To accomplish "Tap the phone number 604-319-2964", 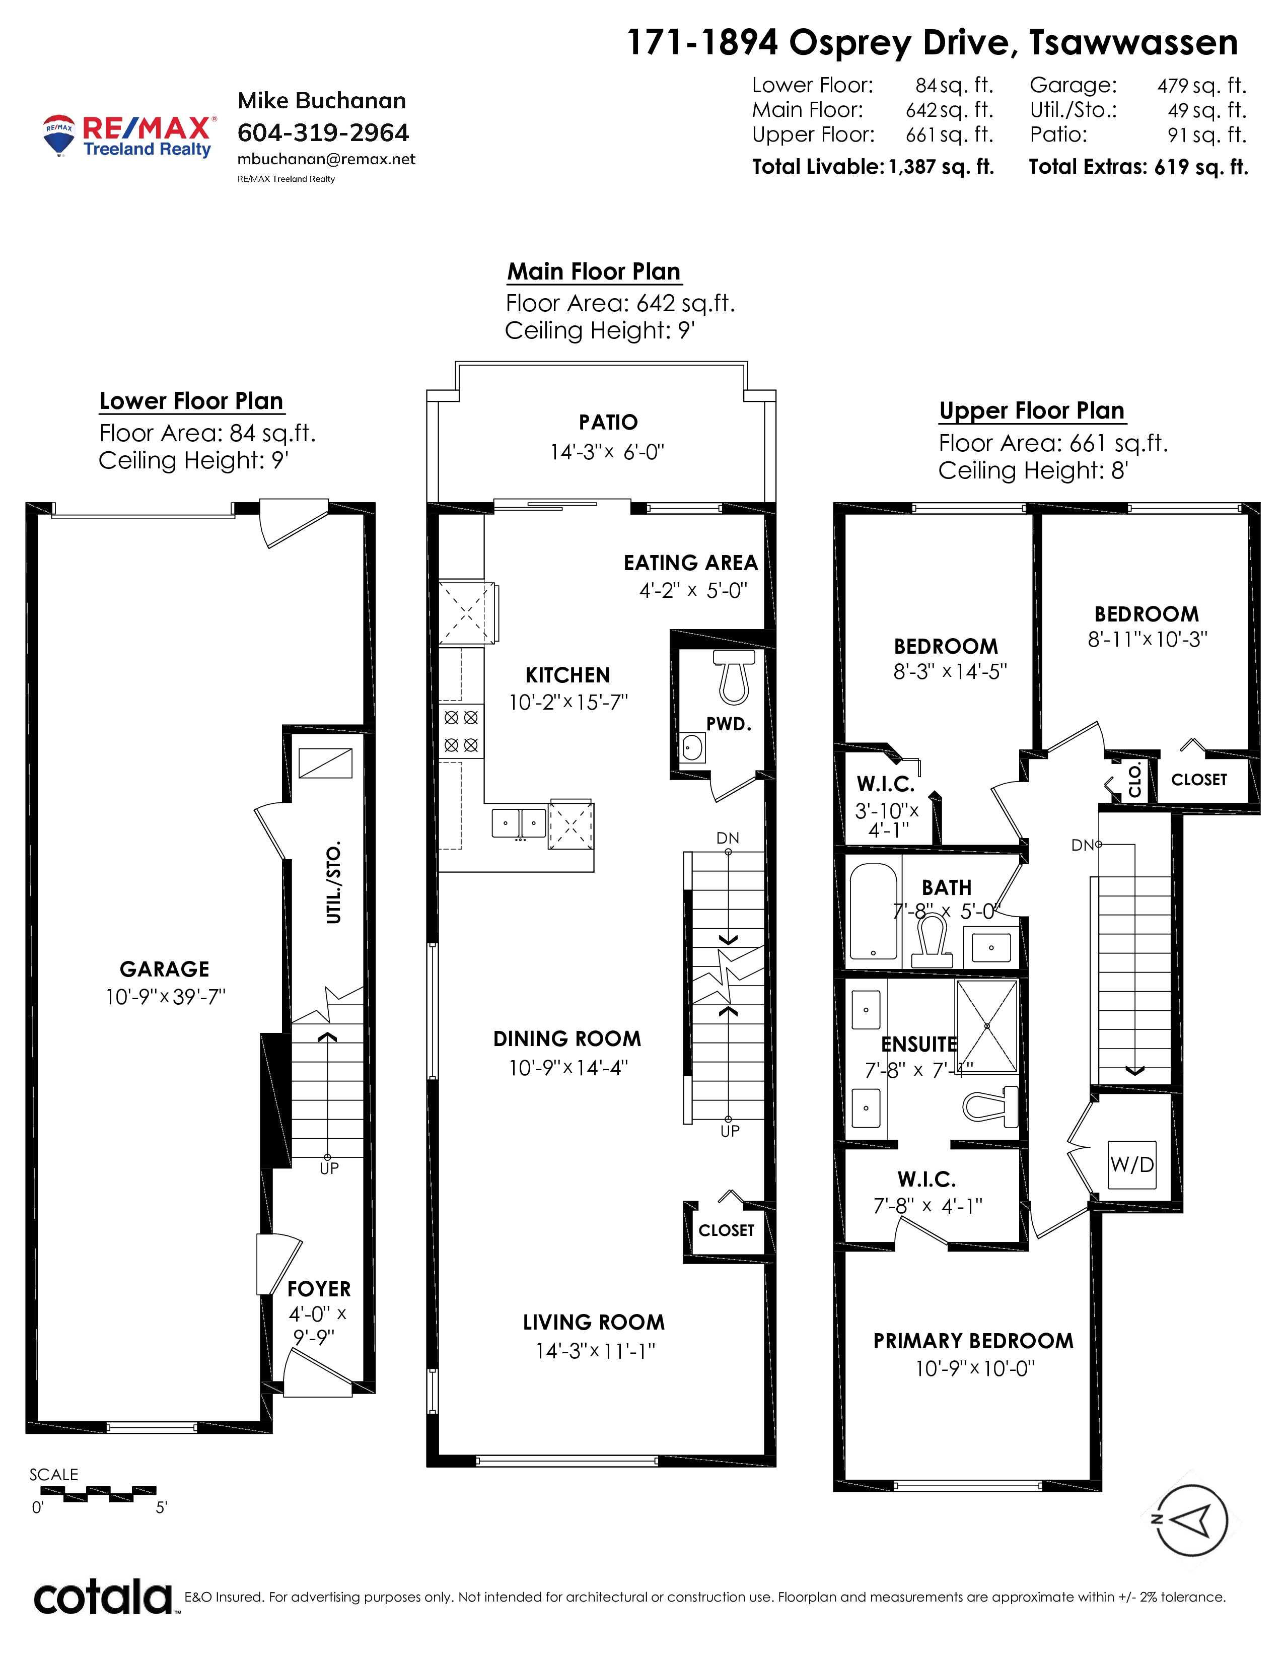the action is pos(323,133).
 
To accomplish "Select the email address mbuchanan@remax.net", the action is pos(326,159).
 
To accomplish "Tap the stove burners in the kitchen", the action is pos(461,731).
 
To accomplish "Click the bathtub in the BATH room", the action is pos(874,912).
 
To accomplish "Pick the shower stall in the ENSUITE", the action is pos(986,1026).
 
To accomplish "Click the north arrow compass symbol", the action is pos(1191,1521).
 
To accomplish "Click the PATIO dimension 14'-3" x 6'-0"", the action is pos(607,452).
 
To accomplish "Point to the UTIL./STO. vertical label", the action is pos(333,882).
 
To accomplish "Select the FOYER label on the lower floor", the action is pos(319,1289).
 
